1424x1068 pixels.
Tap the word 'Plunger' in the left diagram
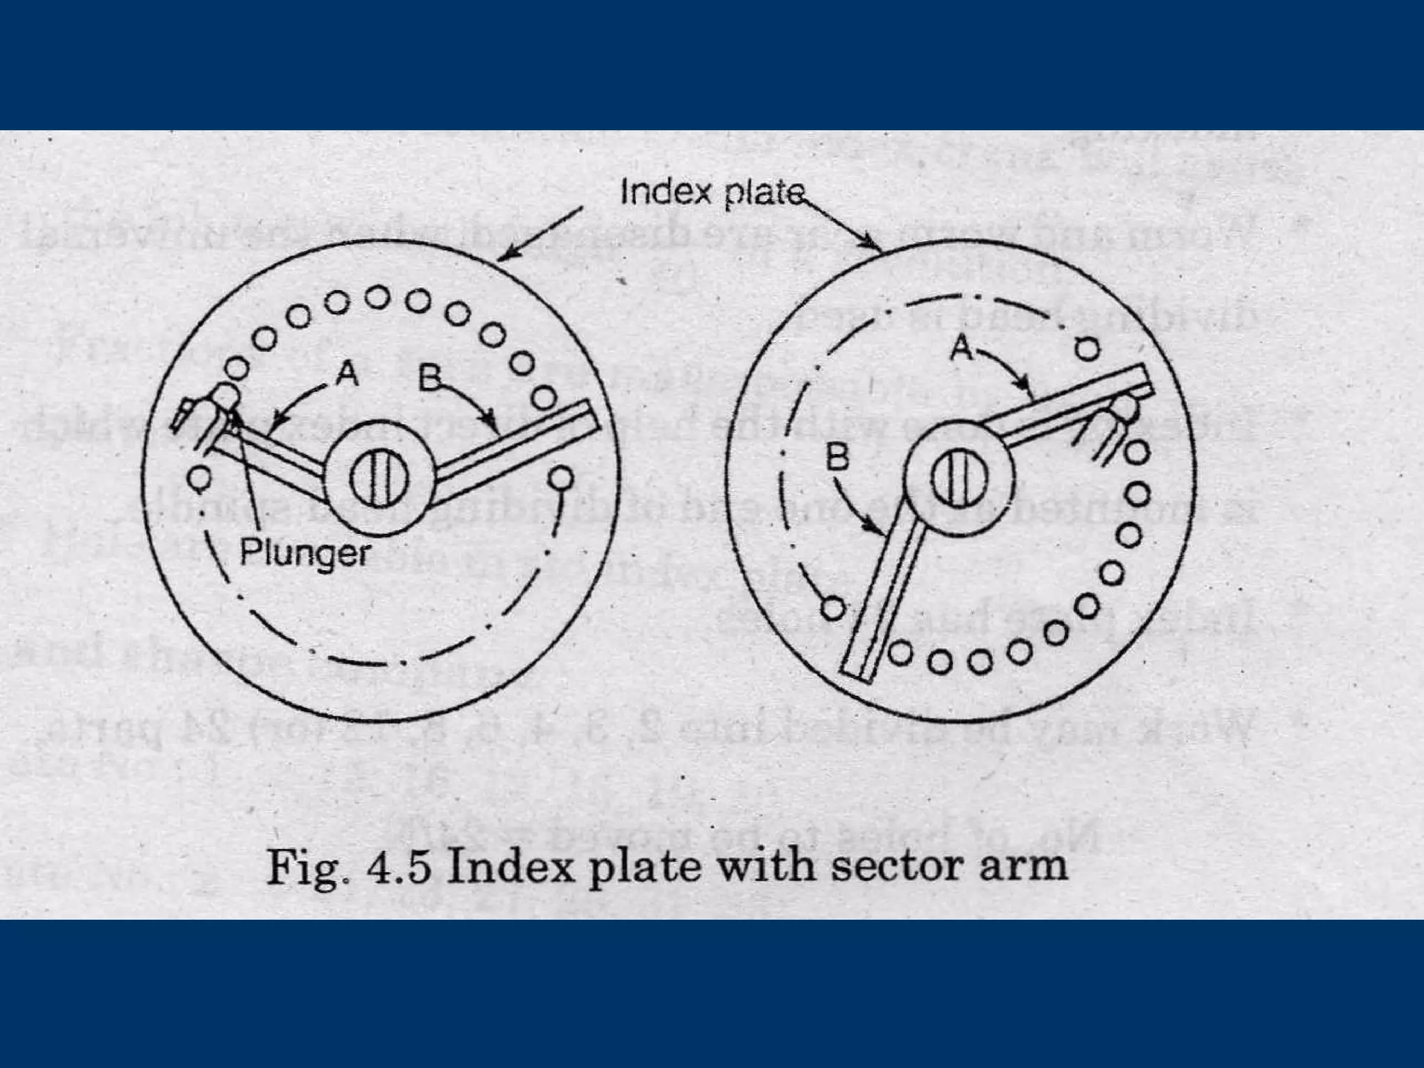pos(305,553)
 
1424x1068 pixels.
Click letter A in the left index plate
pos(346,375)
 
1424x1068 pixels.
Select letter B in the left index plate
pos(430,379)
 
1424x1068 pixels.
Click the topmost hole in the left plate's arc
pos(378,297)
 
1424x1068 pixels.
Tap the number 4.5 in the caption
pos(394,868)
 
